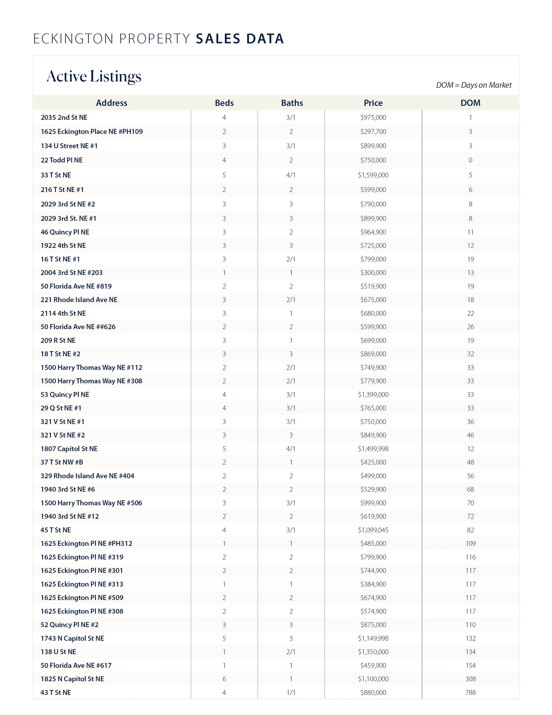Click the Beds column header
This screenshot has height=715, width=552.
pyautogui.click(x=224, y=103)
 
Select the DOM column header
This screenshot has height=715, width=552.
pyautogui.click(x=470, y=103)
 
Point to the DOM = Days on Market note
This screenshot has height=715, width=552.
pyautogui.click(x=474, y=85)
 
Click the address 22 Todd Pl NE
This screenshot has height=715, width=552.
pyautogui.click(x=61, y=160)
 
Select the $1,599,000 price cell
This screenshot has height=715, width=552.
pyautogui.click(x=373, y=175)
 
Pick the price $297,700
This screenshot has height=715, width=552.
pyautogui.click(x=373, y=132)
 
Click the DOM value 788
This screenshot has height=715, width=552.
pyautogui.click(x=470, y=692)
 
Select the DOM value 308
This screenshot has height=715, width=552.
pyautogui.click(x=470, y=679)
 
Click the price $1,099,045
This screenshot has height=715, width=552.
pyautogui.click(x=373, y=530)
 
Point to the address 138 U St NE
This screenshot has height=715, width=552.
pyautogui.click(x=58, y=652)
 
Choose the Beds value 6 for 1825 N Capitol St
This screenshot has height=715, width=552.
pyautogui.click(x=224, y=679)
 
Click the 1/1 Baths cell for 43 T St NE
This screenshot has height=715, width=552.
pyautogui.click(x=291, y=692)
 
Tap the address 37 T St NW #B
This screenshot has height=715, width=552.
pyautogui.click(x=62, y=462)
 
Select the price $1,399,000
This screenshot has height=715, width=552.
pyautogui.click(x=373, y=395)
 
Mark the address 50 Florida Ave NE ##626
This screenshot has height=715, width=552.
pyautogui.click(x=78, y=327)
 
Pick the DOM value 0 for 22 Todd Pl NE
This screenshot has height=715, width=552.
pyautogui.click(x=470, y=160)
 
